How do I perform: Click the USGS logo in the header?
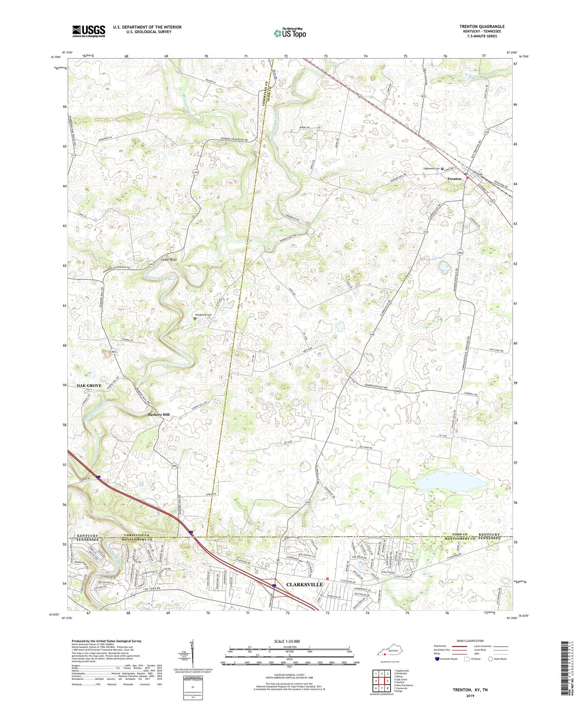click(88, 31)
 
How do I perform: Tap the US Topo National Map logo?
click(289, 33)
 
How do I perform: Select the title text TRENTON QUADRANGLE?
click(482, 27)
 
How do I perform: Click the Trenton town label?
click(454, 179)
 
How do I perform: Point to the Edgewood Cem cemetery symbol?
click(442, 169)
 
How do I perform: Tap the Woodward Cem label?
click(204, 315)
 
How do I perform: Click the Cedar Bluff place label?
click(169, 260)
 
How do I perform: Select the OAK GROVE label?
click(89, 385)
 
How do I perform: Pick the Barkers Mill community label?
click(158, 414)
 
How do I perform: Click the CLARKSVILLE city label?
click(304, 584)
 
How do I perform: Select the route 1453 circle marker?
click(196, 172)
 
